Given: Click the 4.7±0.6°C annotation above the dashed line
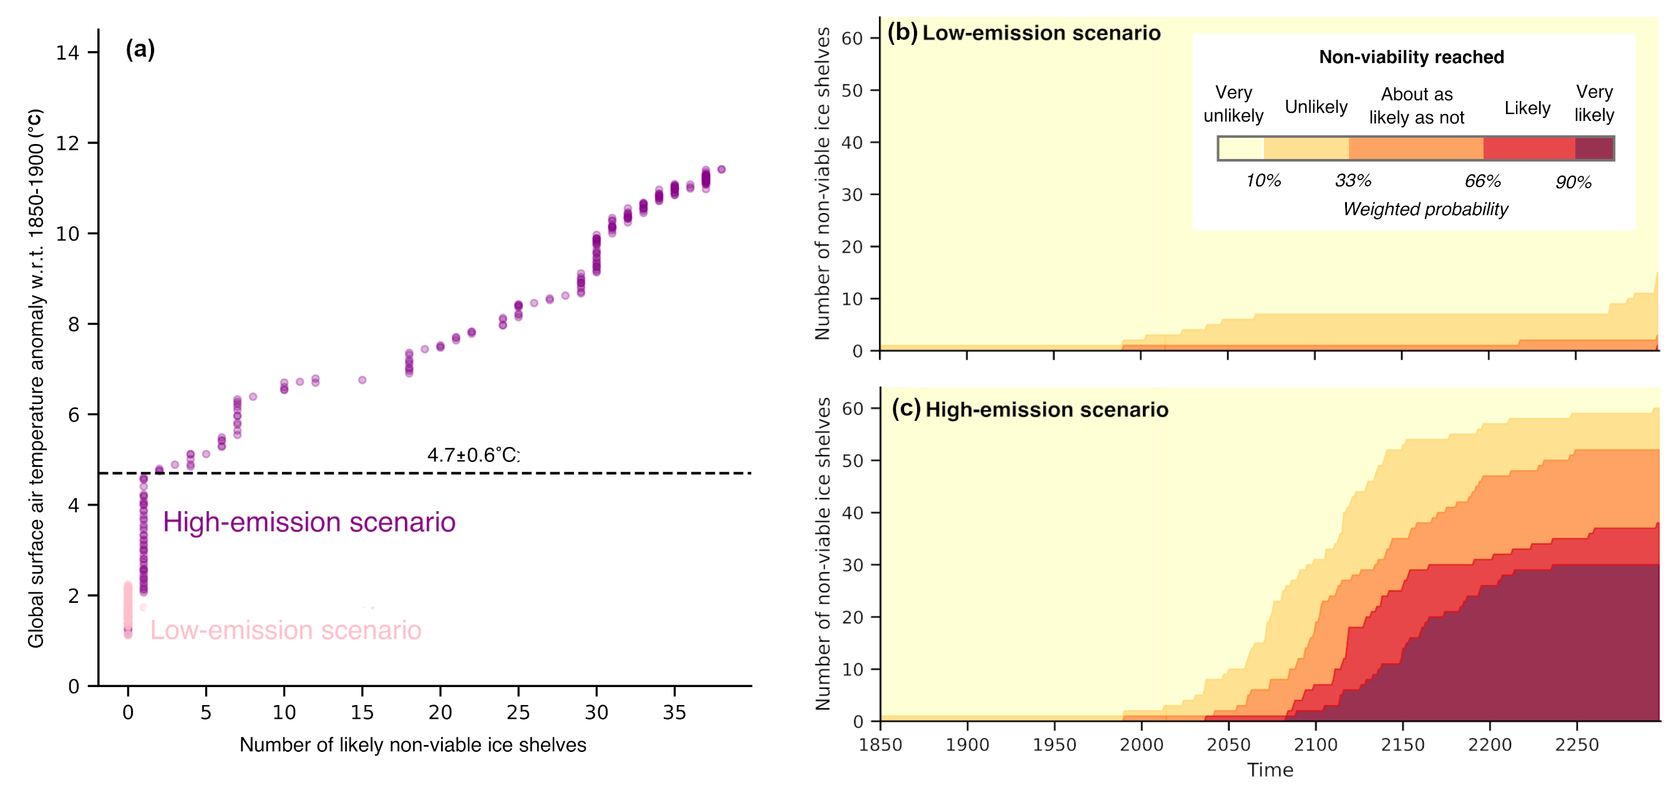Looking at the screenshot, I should coord(472,454).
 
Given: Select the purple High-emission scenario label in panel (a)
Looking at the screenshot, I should coord(309,522).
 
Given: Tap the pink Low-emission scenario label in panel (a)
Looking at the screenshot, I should coord(285,630).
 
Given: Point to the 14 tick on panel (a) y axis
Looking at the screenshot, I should coord(67,52).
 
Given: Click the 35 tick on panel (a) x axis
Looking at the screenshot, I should coord(674,712).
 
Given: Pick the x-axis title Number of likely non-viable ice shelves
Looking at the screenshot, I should coord(413,745).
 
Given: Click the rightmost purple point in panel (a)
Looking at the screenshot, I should coord(722,170).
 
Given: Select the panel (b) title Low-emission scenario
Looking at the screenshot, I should coord(1041,33).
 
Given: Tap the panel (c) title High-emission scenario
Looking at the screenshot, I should coord(1046,410).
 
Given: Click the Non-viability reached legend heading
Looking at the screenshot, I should coord(1411,57).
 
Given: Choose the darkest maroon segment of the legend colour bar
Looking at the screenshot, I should coord(1594,148).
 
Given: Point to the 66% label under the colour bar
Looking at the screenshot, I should coord(1482,181).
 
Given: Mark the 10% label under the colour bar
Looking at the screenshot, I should coord(1263,180).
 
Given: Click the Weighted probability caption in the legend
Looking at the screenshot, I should coord(1425,209).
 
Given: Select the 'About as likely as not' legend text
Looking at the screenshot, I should coord(1417,105).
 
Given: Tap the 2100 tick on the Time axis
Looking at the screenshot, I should coord(1315,744).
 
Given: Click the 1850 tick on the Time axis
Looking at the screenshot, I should coord(880,744).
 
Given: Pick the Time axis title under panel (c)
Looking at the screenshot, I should coord(1270,769).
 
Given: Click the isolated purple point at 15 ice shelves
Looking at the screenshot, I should coord(362,380).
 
